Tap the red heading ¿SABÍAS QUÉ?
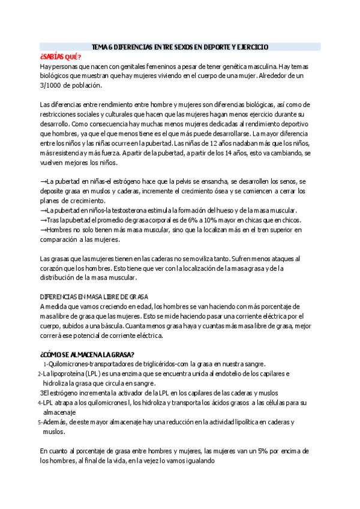pos(60,56)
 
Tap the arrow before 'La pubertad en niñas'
pos(43,181)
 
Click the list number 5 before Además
pos(39,422)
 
